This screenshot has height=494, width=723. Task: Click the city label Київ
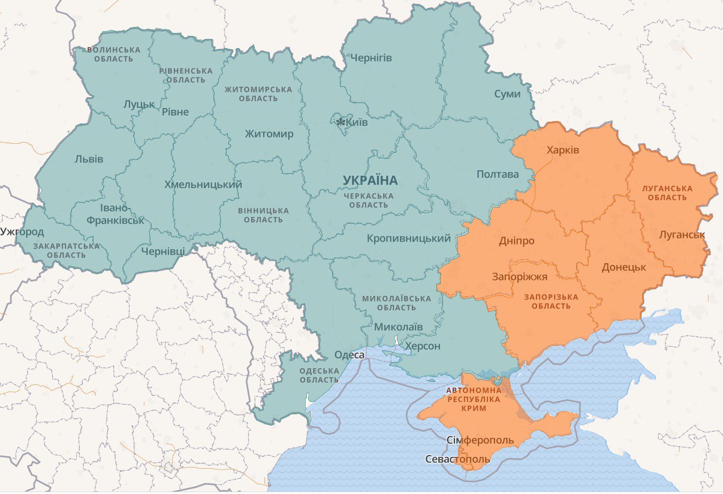[x=357, y=122]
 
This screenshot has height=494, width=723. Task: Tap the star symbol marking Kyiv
[x=341, y=122]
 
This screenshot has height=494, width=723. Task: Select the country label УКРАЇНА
[x=370, y=180]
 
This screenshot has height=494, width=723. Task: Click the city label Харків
[x=562, y=149]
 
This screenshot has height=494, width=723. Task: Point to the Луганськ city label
[x=682, y=234]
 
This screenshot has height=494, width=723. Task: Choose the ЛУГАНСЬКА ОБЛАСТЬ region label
[x=667, y=192]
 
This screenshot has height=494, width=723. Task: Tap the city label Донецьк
[x=623, y=267]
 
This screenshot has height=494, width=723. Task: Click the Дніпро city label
[x=516, y=240]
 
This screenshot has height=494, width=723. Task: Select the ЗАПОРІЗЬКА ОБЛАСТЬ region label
[x=551, y=302]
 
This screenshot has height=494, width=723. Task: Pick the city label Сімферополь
[x=480, y=441]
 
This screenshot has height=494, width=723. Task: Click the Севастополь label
[x=457, y=459]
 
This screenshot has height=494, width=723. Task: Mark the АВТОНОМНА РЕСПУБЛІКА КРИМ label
[x=474, y=399]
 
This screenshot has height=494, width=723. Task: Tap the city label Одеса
[x=350, y=355]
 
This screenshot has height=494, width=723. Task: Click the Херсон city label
[x=423, y=346]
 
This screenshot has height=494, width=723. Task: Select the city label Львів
[x=89, y=159]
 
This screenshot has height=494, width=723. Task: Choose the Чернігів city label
[x=371, y=58]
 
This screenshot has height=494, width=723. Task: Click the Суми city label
[x=507, y=94]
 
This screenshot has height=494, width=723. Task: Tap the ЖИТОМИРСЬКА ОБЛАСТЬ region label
[x=258, y=94]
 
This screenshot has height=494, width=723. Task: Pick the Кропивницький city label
[x=408, y=239]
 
